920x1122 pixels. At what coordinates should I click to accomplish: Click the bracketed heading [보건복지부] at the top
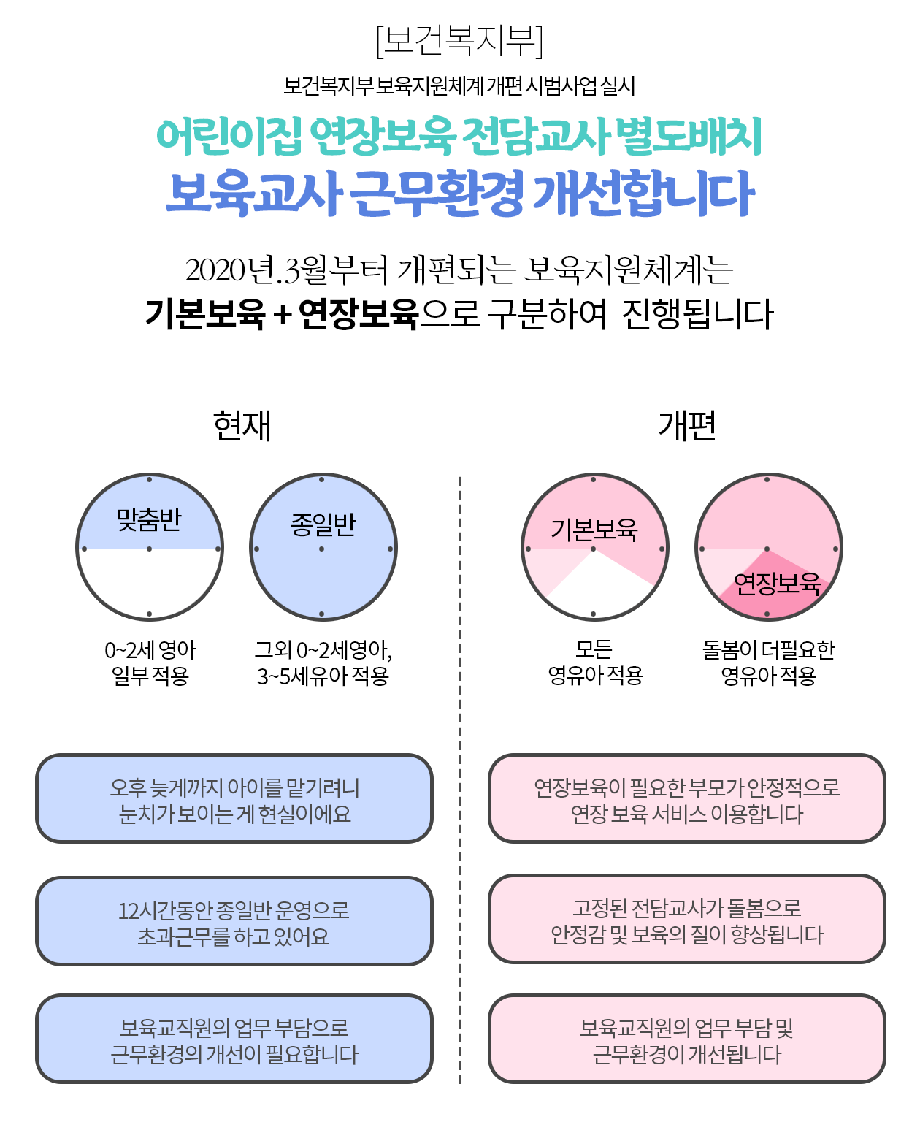pos(459,41)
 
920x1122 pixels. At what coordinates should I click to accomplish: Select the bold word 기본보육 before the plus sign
pos(205,314)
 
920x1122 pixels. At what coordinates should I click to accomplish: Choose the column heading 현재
pos(242,426)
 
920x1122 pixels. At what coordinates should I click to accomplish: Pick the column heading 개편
pos(686,426)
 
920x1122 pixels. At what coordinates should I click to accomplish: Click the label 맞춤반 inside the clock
pos(149,520)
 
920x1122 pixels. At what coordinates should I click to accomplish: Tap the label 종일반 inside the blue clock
pos(323,524)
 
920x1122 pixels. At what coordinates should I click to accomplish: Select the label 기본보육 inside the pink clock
pos(594,529)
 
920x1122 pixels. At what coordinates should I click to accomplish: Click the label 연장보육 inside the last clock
pos(777,583)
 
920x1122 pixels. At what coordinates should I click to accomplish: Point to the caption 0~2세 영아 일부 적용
pos(150,663)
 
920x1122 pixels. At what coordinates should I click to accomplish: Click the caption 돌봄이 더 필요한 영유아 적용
pos(768,663)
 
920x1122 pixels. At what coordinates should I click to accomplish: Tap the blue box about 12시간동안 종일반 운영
pos(234,922)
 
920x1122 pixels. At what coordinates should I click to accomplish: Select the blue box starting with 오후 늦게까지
pos(234,799)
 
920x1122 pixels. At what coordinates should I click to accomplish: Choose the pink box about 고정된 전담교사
pos(686,920)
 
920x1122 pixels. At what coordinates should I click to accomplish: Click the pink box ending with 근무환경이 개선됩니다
pos(686,1040)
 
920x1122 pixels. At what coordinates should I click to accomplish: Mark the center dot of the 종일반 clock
pos(322,549)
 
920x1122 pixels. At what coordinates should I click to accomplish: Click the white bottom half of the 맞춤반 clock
pos(150,581)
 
